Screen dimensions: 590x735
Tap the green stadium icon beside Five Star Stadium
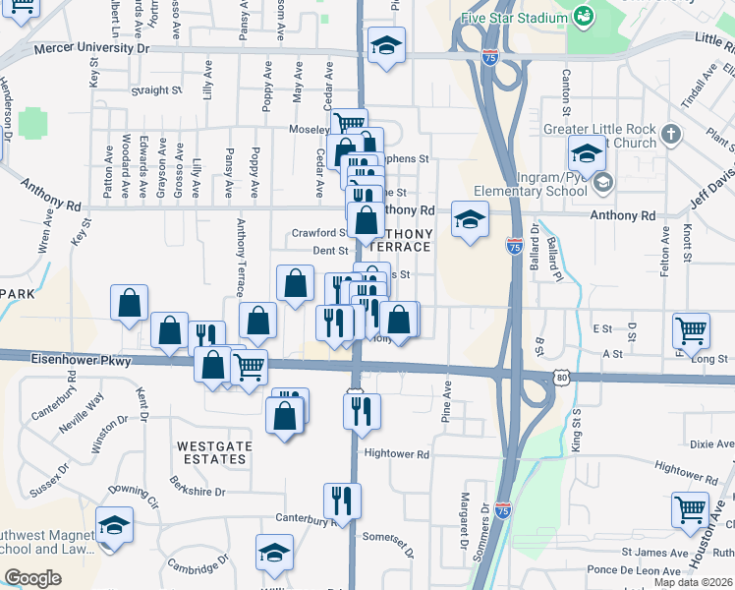584,15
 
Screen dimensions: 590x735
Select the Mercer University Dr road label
91,47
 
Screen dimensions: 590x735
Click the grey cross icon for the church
671,133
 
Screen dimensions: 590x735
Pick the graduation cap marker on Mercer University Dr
387,45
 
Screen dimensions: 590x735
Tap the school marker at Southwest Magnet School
114,525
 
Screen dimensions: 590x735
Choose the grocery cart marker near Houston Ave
690,509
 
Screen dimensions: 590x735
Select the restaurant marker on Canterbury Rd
342,501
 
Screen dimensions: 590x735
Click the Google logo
32,578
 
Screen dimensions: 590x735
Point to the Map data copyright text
693,582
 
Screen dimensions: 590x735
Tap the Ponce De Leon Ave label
636,570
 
